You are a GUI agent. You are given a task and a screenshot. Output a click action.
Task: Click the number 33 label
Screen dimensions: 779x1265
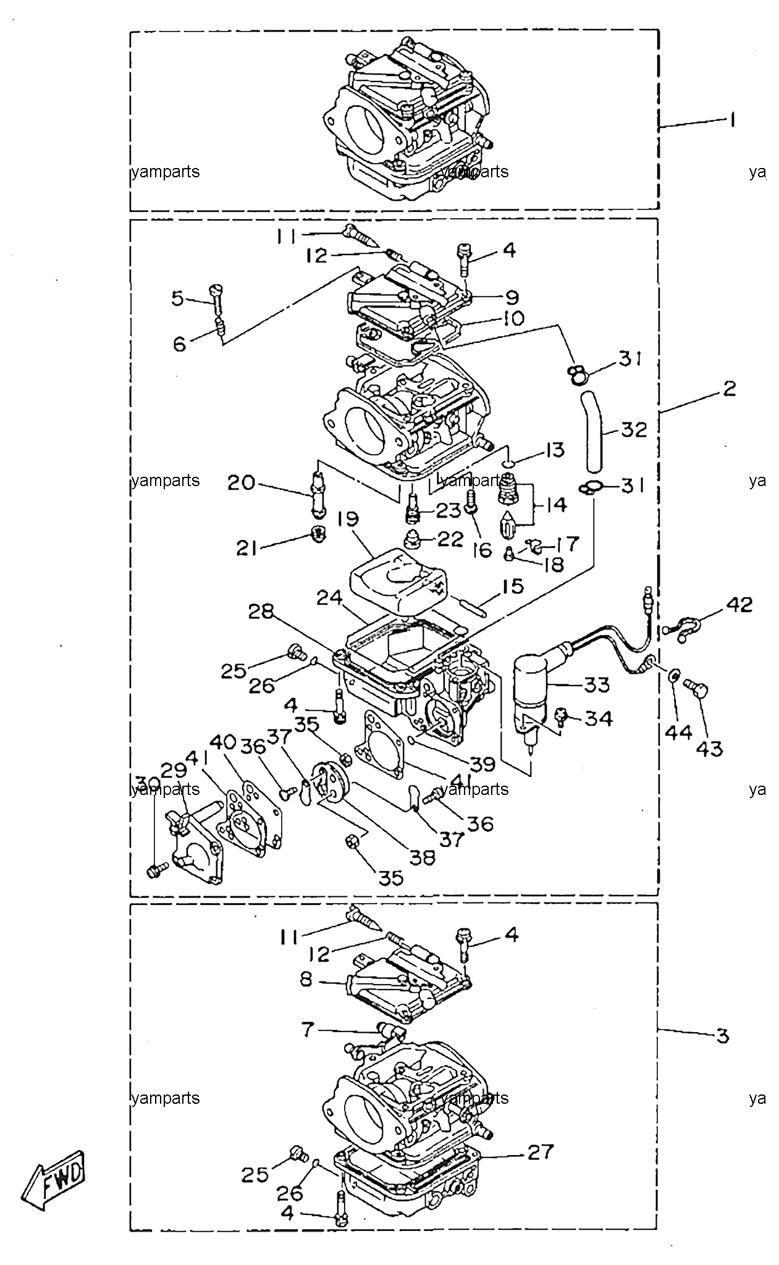point(597,684)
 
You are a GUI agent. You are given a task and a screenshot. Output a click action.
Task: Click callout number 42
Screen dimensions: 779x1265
point(739,605)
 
